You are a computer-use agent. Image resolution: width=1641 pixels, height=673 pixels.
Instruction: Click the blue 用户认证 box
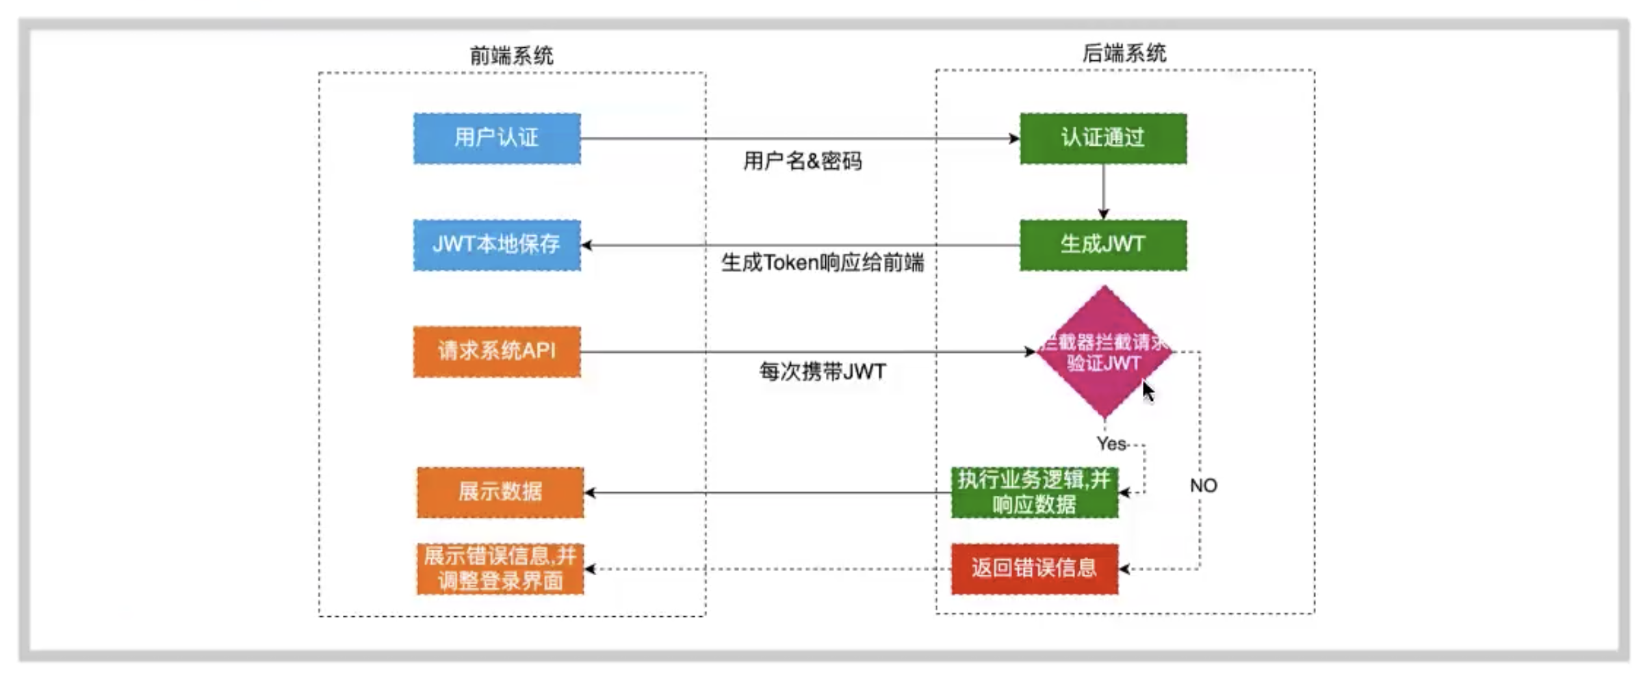tap(497, 138)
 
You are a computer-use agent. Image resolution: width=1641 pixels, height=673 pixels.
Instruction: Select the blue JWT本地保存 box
tap(497, 245)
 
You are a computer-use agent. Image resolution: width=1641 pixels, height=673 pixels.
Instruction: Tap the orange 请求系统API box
tap(497, 352)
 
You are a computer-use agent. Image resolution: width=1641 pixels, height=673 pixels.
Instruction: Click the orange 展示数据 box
tap(500, 492)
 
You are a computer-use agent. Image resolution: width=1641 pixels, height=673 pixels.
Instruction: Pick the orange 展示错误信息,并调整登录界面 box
tap(500, 568)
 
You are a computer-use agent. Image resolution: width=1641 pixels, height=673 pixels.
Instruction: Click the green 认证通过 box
tap(1103, 138)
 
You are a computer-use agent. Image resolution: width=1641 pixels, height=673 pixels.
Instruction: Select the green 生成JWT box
tap(1103, 245)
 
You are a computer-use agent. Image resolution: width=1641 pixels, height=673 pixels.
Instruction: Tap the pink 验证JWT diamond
tap(1103, 352)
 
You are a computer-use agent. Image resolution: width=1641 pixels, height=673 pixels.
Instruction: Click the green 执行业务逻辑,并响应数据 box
tap(1034, 492)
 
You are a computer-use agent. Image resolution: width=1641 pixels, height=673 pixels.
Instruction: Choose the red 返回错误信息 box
tap(1034, 568)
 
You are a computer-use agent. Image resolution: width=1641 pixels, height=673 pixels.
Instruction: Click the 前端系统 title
tap(511, 55)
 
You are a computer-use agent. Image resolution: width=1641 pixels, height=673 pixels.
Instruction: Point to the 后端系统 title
tap(1124, 53)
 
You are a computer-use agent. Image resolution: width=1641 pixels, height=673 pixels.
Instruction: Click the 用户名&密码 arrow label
tap(802, 161)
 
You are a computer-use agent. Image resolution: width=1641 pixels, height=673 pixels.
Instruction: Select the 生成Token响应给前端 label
tap(822, 263)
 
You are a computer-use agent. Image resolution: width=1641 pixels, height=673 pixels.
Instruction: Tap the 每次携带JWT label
tap(822, 371)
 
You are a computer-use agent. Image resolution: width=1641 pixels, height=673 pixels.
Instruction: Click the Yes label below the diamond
tap(1111, 444)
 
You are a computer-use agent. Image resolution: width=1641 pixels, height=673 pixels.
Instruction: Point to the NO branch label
tap(1203, 486)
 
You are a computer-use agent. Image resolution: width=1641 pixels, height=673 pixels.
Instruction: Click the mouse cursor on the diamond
tap(1148, 392)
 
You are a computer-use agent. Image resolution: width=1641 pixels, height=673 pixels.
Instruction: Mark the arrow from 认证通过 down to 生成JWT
tap(1103, 192)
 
